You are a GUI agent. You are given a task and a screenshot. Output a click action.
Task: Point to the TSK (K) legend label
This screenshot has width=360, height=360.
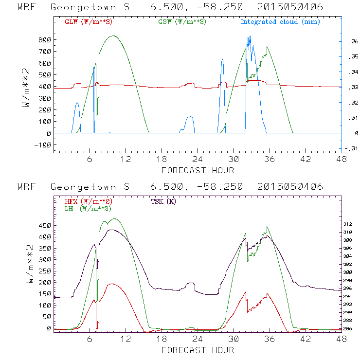click(164, 201)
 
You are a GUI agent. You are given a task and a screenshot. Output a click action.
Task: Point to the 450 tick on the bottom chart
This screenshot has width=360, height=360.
click(45, 226)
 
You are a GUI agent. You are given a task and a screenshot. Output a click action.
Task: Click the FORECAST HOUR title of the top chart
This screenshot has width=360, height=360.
click(198, 170)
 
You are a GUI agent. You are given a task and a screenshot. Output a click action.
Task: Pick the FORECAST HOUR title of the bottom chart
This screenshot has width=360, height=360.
click(198, 350)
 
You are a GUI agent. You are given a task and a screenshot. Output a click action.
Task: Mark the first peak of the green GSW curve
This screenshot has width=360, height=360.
click(113, 36)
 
